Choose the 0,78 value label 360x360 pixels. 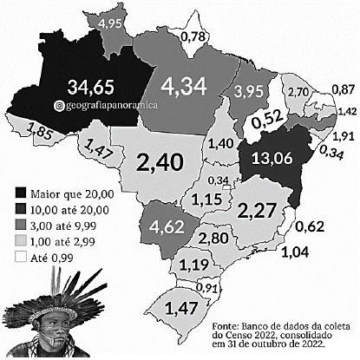point(196,36)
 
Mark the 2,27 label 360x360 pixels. point(257,210)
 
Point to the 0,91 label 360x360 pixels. point(207,286)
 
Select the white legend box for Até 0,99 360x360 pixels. point(20,258)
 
